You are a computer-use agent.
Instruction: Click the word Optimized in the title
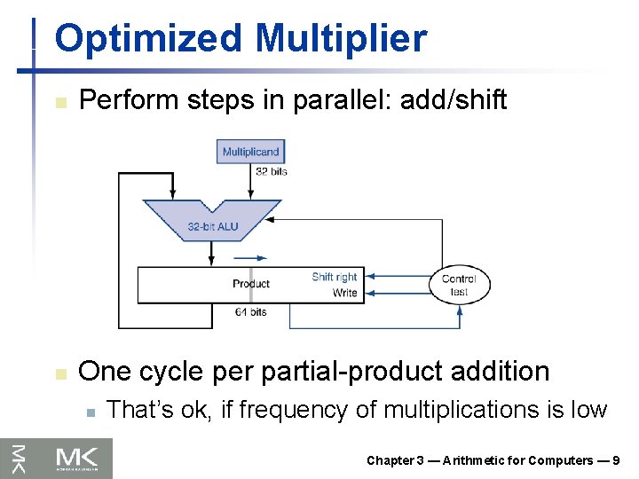click(x=147, y=40)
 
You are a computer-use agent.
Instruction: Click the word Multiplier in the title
click(x=341, y=40)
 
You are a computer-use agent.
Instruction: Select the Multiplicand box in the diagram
click(x=250, y=152)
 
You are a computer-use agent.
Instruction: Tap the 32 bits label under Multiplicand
click(x=272, y=171)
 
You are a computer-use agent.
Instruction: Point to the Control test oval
click(x=459, y=285)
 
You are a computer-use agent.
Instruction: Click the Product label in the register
click(x=251, y=284)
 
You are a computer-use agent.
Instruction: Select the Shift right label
click(x=335, y=277)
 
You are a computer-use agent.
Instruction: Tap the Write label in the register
click(x=344, y=293)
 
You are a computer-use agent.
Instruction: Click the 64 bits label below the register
click(x=251, y=312)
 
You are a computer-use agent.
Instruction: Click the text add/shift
click(x=453, y=100)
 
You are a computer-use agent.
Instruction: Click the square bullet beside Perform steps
click(x=59, y=102)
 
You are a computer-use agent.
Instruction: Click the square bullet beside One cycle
click(x=59, y=373)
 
